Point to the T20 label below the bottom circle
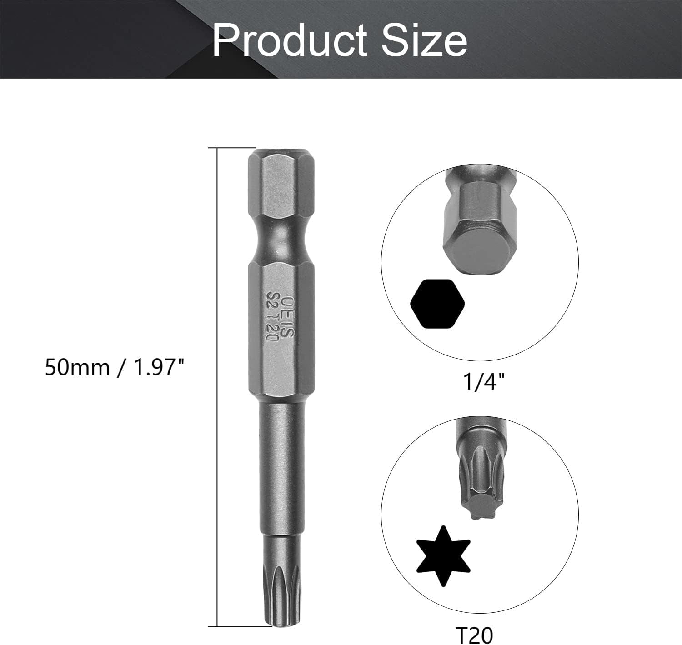[474, 635]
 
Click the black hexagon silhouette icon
[438, 304]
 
